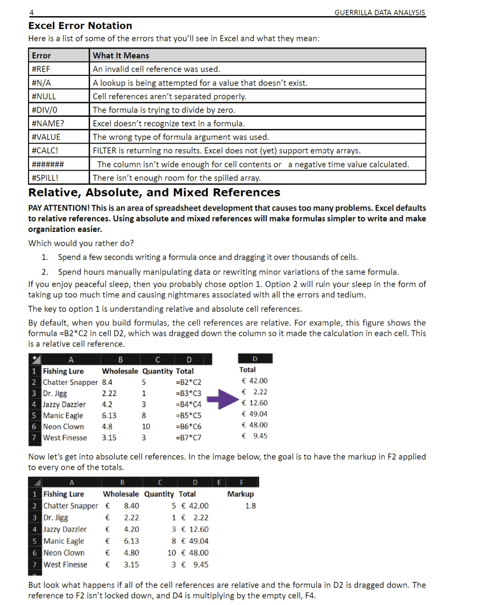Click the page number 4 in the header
pyautogui.click(x=31, y=12)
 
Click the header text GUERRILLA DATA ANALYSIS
pyautogui.click(x=379, y=12)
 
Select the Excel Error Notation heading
pyautogui.click(x=80, y=26)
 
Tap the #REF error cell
pyautogui.click(x=41, y=69)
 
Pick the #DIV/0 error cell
pyautogui.click(x=45, y=110)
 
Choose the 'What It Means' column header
pyautogui.click(x=121, y=55)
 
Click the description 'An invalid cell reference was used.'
pyautogui.click(x=156, y=69)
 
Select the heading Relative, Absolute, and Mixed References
pyautogui.click(x=154, y=193)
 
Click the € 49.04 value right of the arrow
pyautogui.click(x=254, y=414)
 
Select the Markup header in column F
pyautogui.click(x=240, y=494)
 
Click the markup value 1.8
pyautogui.click(x=250, y=506)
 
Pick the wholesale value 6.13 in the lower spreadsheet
pyautogui.click(x=131, y=541)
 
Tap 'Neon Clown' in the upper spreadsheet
pyautogui.click(x=63, y=426)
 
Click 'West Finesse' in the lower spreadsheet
pyautogui.click(x=65, y=565)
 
